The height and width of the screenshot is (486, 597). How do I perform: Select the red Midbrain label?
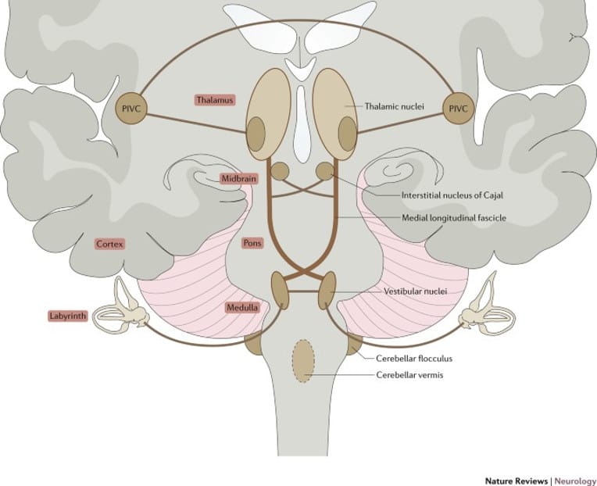239,179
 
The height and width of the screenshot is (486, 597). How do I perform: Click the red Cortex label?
110,244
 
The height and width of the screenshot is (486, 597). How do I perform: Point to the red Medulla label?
242,308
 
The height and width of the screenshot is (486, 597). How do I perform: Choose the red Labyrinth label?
66,317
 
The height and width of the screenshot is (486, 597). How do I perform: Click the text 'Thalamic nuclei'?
394,105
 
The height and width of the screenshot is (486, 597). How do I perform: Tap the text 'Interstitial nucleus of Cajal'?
433,194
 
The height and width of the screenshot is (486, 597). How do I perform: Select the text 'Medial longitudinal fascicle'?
454,218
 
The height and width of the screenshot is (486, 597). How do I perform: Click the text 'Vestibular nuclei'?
415,291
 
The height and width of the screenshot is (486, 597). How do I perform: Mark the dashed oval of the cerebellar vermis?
304,360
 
